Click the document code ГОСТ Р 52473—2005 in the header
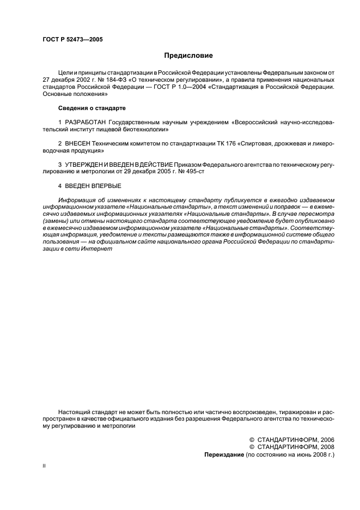click(72, 40)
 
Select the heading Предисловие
click(188, 56)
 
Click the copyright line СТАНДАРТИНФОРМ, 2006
click(295, 439)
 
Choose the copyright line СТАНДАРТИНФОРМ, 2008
click(295, 447)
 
